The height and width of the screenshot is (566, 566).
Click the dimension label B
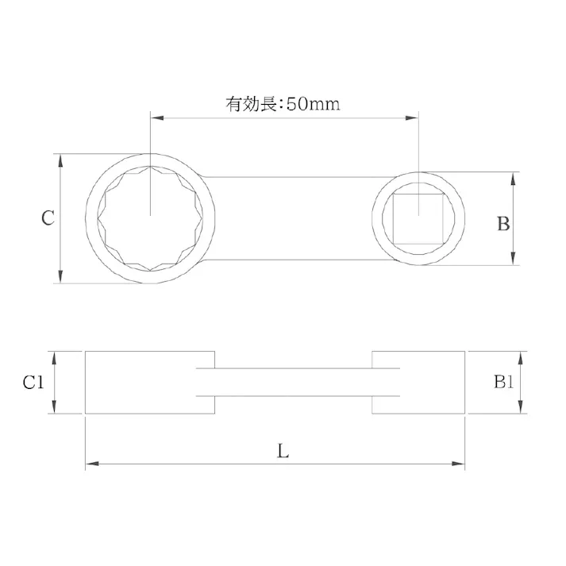[503, 224]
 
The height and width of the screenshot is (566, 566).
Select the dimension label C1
[33, 383]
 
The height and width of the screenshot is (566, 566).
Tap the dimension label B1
[504, 383]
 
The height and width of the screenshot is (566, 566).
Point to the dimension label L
[283, 452]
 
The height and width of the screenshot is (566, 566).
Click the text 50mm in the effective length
[314, 105]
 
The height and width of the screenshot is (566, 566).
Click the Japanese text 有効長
[248, 105]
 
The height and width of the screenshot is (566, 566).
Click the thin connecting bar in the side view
[294, 382]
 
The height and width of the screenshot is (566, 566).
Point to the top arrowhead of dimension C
[61, 160]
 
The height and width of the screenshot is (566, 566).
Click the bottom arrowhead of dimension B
[514, 258]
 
